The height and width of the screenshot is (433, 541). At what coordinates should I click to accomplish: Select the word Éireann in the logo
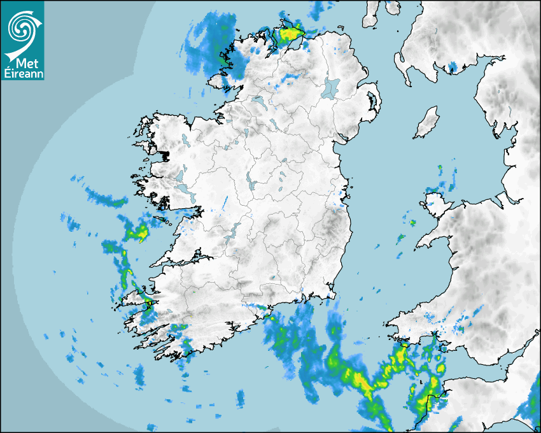[x=22, y=74]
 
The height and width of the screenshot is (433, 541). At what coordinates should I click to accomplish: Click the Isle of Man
[x=427, y=123]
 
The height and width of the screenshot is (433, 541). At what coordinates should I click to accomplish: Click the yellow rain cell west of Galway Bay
[x=138, y=232]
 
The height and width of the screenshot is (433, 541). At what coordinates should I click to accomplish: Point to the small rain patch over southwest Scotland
[x=453, y=66]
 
